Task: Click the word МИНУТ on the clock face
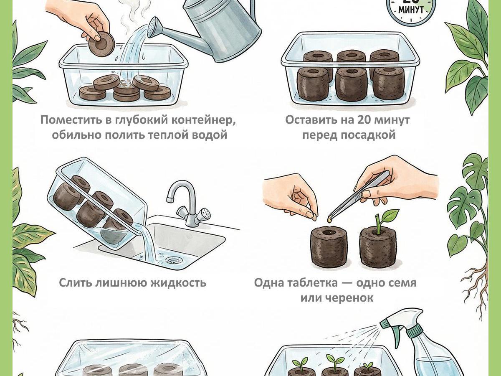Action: tap(411, 10)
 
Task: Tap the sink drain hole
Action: tap(175, 259)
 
